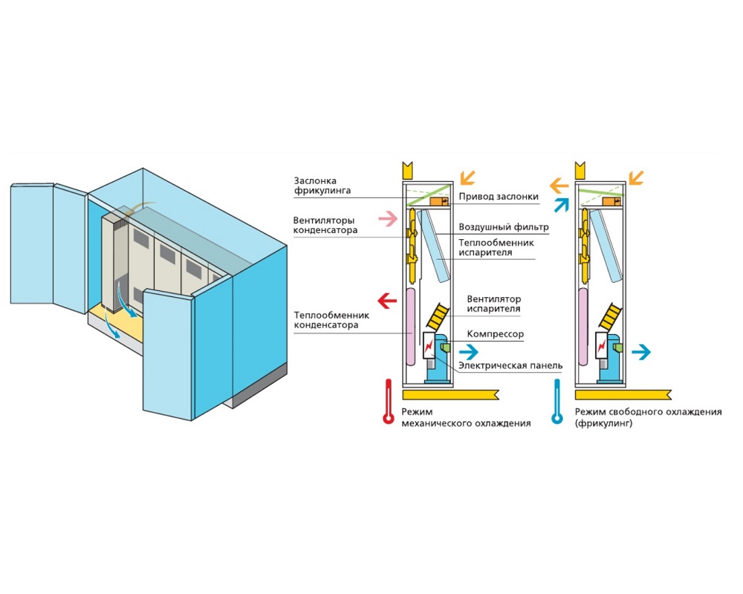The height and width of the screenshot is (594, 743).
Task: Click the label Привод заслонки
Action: tap(498, 197)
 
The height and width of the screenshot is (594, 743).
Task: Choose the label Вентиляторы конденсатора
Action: tap(325, 225)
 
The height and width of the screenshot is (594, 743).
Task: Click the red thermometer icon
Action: tap(387, 403)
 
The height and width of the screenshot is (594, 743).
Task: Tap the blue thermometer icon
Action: tap(557, 403)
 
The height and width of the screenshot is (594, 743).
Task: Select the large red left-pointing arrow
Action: tap(386, 301)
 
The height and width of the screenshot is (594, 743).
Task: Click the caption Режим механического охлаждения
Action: tap(466, 417)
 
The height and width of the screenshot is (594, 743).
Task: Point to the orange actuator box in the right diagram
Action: tap(612, 200)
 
